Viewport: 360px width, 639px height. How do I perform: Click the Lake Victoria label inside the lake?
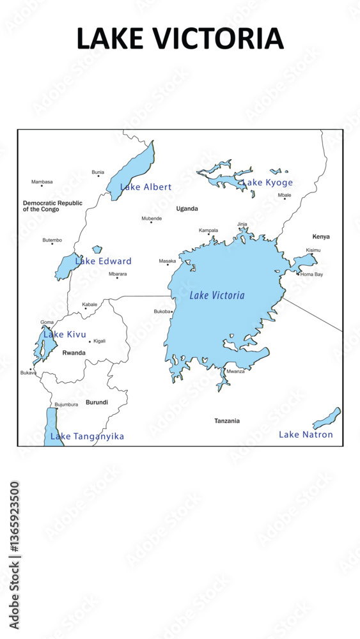tap(217, 295)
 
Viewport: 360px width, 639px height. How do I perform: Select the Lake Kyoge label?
tap(267, 183)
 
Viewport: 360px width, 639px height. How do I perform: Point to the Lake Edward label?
tap(104, 261)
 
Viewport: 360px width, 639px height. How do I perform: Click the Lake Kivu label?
tap(65, 334)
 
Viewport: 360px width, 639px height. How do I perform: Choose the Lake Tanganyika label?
tap(87, 436)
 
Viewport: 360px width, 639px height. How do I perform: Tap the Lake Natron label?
tap(306, 435)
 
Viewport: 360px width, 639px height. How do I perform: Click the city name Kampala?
tap(208, 230)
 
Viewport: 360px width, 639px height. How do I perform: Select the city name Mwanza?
tap(235, 371)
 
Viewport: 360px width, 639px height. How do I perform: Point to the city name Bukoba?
tap(162, 311)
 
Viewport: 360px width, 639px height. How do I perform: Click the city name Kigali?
tap(99, 341)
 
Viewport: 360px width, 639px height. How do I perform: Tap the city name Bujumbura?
tap(67, 404)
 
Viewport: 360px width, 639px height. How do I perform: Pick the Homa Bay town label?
tap(311, 274)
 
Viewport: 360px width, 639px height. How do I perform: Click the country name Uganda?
tap(187, 208)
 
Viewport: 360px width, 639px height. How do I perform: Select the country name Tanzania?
tap(227, 420)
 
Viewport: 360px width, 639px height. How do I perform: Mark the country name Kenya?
tap(321, 236)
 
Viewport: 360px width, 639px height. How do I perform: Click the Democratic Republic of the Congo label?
tap(52, 206)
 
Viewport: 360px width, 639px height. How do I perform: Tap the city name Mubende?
tap(152, 219)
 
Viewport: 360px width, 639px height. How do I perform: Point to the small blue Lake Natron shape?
tap(327, 419)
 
